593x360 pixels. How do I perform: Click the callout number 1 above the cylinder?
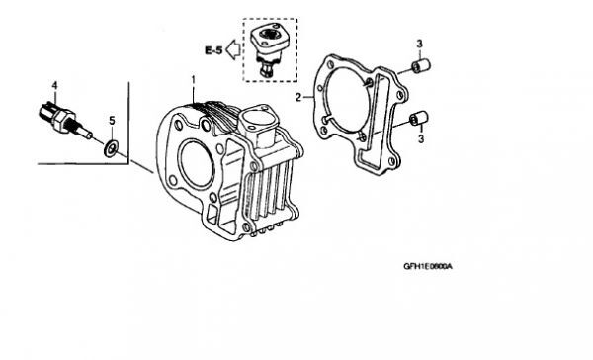194,80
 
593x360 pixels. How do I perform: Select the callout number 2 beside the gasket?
298,98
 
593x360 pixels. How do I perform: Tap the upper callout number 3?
419,44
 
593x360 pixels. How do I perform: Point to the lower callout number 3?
421,138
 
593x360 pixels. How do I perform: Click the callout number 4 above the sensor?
54,86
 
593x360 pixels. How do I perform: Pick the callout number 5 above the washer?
112,121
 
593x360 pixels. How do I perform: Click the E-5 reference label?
213,50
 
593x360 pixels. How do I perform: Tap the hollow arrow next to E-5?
233,49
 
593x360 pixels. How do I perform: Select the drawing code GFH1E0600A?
428,266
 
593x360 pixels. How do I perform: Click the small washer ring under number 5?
111,148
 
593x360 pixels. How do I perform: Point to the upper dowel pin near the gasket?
421,66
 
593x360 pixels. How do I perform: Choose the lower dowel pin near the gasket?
419,118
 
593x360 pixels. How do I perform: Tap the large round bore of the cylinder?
196,164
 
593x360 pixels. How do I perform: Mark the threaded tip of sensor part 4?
86,133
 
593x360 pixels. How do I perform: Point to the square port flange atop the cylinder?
257,118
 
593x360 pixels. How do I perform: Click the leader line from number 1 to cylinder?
194,95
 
